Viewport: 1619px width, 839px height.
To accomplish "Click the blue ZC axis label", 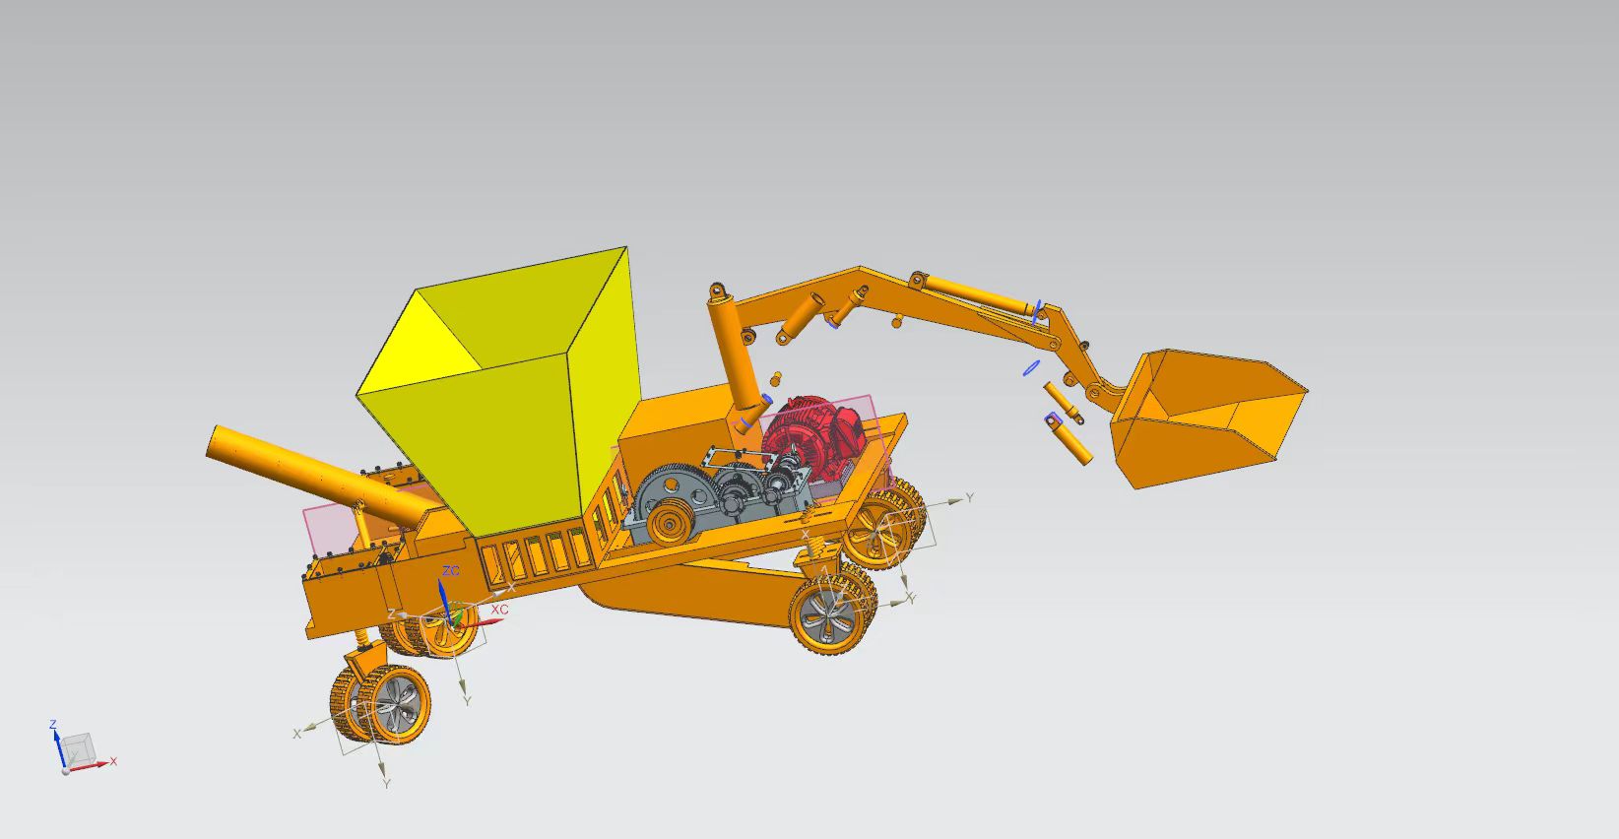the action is tap(450, 571).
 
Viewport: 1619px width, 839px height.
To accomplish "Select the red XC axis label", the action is tap(499, 610).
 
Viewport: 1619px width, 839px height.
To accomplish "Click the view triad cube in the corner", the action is tap(77, 748).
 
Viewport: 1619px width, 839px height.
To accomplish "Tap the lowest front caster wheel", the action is tap(381, 705).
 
